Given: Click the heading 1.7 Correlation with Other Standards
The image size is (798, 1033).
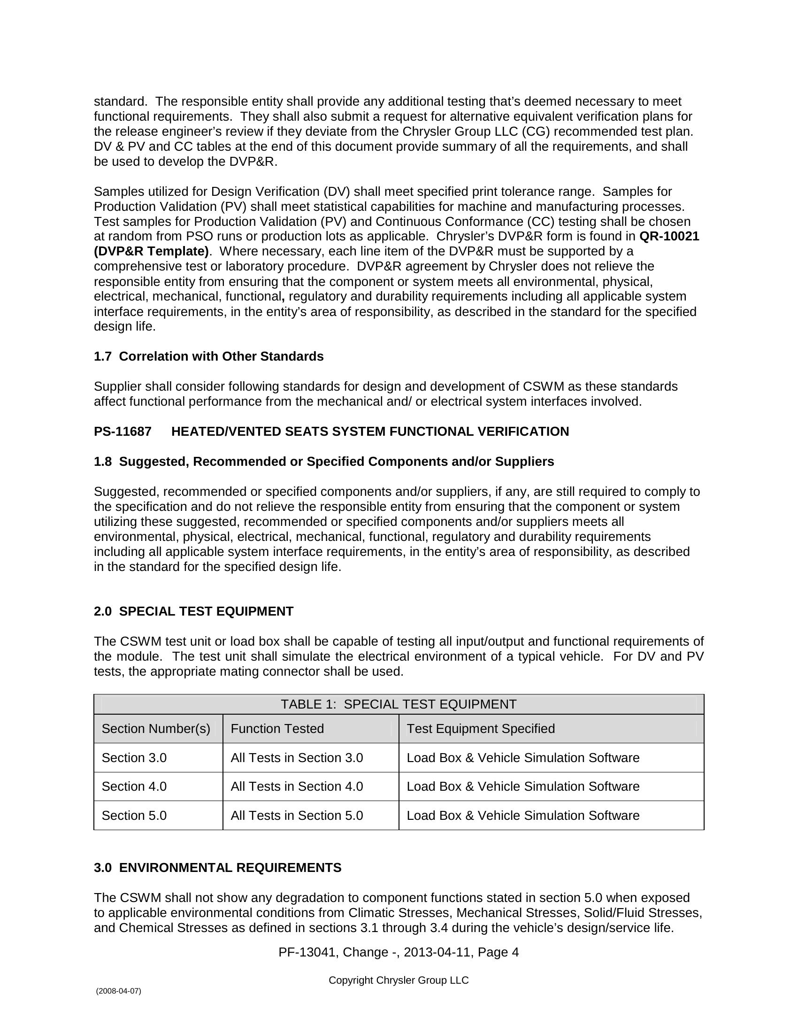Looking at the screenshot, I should [208, 357].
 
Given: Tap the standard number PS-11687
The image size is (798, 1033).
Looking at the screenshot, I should [123, 432].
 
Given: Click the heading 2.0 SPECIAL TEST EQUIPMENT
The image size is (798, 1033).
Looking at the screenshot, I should [193, 611].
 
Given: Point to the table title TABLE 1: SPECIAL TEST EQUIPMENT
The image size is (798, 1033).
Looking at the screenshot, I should [399, 705].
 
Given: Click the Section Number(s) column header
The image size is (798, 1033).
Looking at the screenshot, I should [155, 729].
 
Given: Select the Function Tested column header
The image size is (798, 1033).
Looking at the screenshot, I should [277, 729].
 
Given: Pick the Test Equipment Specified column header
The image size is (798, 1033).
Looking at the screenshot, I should [480, 729].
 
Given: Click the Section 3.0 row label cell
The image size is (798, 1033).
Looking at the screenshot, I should [134, 758].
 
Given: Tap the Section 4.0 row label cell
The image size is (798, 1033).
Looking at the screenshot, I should [134, 786].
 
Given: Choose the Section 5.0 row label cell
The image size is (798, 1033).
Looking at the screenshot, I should [134, 816].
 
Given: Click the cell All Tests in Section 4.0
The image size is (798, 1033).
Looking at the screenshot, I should [296, 786].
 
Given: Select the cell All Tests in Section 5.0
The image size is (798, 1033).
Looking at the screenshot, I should [296, 816].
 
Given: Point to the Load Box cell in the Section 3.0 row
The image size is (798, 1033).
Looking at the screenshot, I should [522, 758].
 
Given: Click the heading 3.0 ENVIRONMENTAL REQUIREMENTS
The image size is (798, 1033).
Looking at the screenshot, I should [217, 868].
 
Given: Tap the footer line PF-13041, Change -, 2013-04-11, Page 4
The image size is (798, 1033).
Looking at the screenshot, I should [399, 952].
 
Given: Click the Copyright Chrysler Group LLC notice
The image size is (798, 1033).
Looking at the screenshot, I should [399, 980].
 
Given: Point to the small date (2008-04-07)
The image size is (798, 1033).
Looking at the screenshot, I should [118, 991].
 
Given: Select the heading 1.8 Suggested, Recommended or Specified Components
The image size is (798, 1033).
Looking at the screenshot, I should [323, 462].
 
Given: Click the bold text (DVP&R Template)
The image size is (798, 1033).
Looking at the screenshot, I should [151, 252].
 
